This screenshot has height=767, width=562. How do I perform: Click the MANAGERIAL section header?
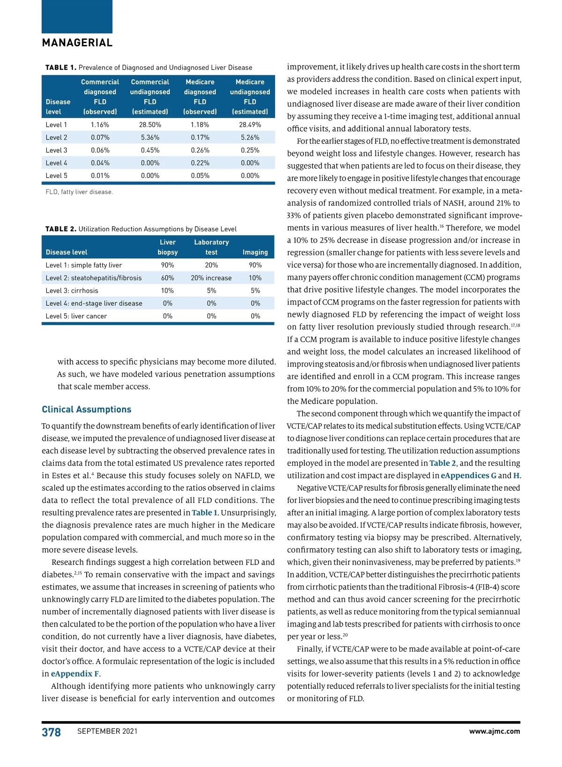pos(77,43)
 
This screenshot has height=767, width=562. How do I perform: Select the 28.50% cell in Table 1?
pos(150,125)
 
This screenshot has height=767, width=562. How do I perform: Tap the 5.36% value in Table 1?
pos(150,138)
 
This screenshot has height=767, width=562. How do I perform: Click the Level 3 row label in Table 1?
pos(56,150)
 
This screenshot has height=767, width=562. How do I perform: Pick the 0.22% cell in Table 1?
pos(200,163)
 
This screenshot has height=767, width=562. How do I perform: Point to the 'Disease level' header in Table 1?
pos(58,107)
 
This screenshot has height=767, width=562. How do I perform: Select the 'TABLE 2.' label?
pos(60,229)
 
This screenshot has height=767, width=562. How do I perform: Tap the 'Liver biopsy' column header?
pos(168,247)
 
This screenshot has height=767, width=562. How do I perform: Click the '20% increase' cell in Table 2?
pos(211,278)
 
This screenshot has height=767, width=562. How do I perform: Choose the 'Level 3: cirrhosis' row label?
pos(72,291)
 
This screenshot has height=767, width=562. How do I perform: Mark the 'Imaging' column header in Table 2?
pos(255,252)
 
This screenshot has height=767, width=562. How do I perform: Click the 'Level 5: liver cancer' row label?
pos(76,316)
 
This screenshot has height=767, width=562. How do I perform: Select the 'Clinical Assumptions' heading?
pos(87,409)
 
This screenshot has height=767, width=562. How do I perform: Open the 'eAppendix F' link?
pos(75,674)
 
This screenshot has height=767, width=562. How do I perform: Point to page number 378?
pos(51,732)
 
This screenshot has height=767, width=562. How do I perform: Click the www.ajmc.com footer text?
pos(495,731)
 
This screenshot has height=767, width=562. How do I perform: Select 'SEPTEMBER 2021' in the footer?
pos(107,731)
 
